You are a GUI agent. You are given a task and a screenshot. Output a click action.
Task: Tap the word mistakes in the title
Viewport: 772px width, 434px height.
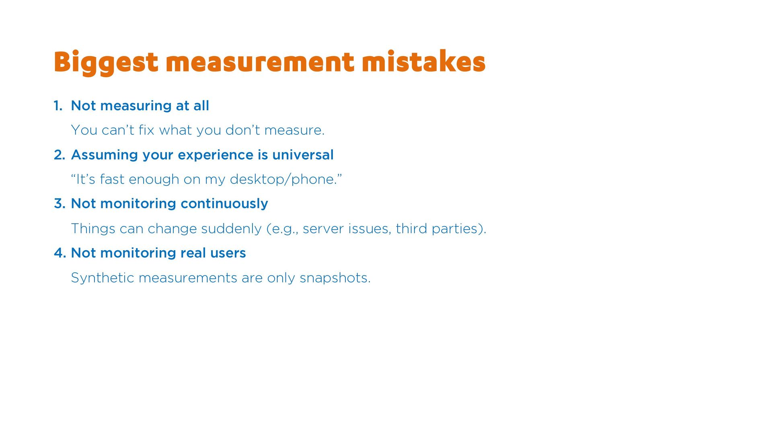(423, 62)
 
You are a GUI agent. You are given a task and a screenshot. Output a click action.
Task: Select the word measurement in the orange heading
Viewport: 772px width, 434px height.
(260, 63)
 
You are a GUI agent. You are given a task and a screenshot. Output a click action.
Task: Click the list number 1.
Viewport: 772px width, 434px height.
(58, 106)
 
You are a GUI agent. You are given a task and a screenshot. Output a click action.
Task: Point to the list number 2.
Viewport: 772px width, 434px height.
(60, 155)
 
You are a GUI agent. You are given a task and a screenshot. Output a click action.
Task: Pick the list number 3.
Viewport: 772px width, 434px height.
(60, 204)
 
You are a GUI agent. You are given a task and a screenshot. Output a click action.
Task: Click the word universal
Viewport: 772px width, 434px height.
(303, 155)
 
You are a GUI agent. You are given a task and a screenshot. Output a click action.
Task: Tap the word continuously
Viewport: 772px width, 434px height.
(224, 204)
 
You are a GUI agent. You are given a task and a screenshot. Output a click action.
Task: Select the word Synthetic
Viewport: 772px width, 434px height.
(103, 278)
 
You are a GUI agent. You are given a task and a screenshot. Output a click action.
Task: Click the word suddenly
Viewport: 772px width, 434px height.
(231, 229)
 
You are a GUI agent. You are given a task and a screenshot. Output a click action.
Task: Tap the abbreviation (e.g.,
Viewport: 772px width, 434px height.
(282, 229)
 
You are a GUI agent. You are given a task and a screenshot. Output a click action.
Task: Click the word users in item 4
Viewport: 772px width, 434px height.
(228, 253)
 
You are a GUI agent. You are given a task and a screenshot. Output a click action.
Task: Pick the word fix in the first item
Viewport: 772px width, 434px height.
(146, 130)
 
